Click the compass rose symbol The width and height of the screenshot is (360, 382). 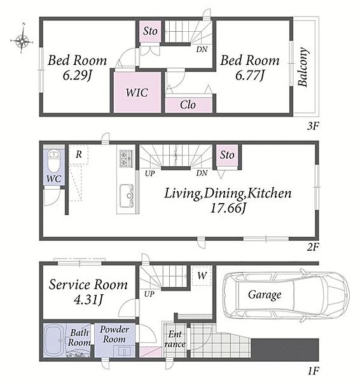click(22, 41)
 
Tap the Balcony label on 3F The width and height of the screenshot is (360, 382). click(303, 67)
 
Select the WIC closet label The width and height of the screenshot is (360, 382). click(137, 92)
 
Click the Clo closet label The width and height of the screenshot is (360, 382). click(188, 105)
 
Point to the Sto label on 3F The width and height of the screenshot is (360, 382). click(150, 31)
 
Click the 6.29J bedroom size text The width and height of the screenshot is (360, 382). click(77, 76)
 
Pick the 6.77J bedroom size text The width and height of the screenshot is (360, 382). click(250, 76)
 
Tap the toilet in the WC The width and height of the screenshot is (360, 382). click(54, 161)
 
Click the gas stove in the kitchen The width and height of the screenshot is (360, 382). click(126, 159)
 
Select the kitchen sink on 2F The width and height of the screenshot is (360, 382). click(127, 196)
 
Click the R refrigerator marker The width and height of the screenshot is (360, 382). click(78, 154)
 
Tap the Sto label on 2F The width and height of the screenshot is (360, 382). click(227, 155)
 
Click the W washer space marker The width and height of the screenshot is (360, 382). click(202, 276)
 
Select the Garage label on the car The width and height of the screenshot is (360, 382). click(265, 295)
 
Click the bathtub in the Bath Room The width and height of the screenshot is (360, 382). click(54, 341)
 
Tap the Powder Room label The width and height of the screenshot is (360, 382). click(114, 334)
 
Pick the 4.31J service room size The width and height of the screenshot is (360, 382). click(88, 300)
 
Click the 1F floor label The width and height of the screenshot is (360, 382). click(313, 371)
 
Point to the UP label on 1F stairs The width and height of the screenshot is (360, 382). click(149, 294)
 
